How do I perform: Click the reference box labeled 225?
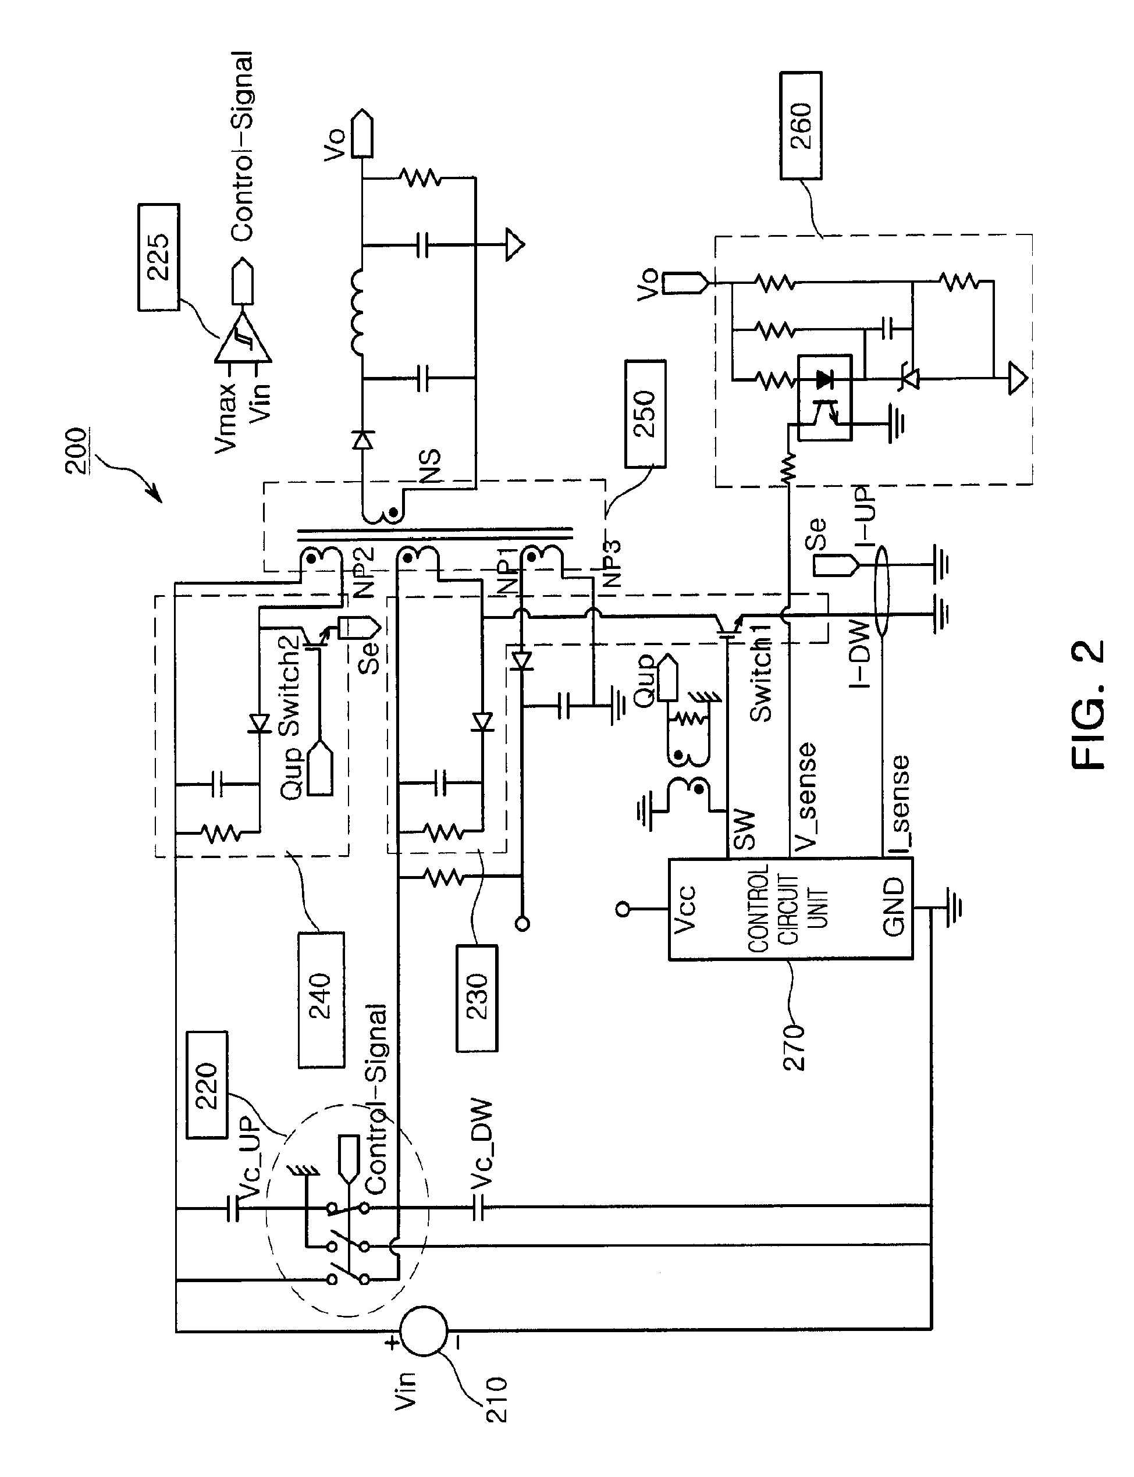tap(159, 257)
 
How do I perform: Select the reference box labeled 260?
tap(801, 126)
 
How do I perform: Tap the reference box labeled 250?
tap(645, 414)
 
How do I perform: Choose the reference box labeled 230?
tap(477, 998)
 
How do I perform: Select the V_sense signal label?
tap(804, 796)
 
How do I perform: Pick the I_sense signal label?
tap(898, 803)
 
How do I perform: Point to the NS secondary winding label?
tap(429, 465)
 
